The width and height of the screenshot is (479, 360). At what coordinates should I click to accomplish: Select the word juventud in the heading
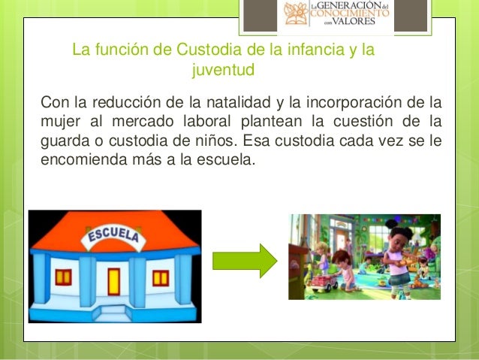pyautogui.click(x=224, y=71)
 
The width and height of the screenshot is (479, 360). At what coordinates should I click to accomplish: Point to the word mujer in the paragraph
pyautogui.click(x=60, y=121)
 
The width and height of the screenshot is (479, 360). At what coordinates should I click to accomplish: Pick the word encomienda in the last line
pyautogui.click(x=78, y=159)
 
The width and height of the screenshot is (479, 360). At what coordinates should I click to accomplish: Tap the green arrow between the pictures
pyautogui.click(x=245, y=260)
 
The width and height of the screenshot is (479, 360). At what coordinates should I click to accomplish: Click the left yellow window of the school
pyautogui.click(x=64, y=277)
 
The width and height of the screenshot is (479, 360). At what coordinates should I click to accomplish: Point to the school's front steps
pyautogui.click(x=113, y=310)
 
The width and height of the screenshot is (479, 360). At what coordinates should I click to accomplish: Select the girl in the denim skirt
pyautogui.click(x=399, y=259)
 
